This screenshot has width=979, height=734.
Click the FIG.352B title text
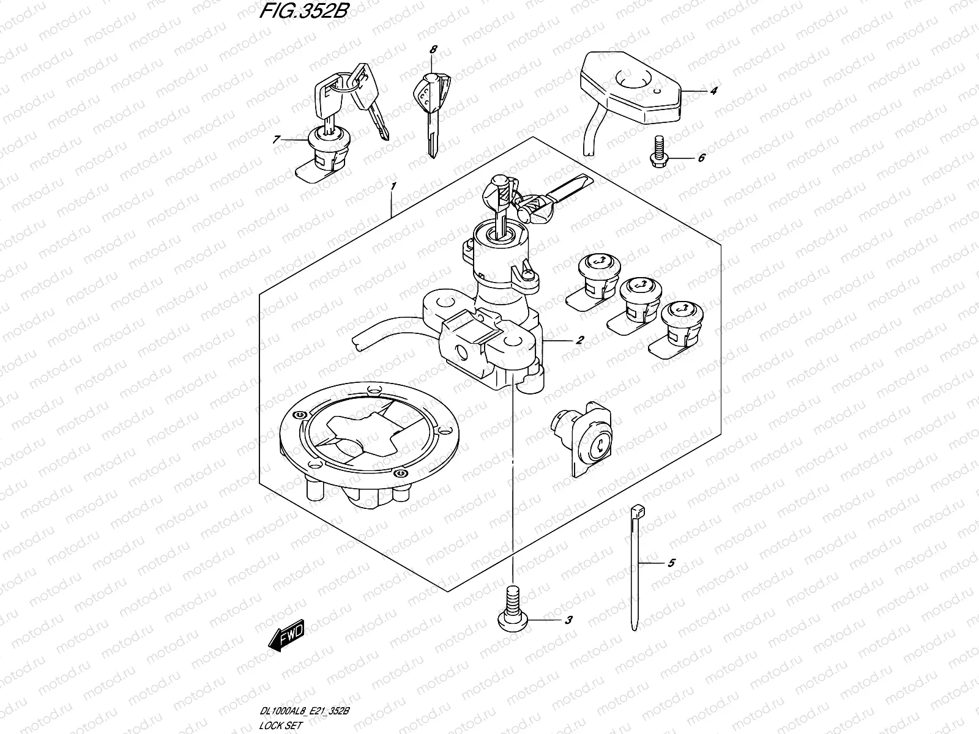tap(303, 10)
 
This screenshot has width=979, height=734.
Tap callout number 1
tap(393, 186)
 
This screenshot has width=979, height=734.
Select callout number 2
tap(579, 341)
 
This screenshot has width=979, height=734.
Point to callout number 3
tap(568, 620)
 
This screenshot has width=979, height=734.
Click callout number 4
tap(713, 91)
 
